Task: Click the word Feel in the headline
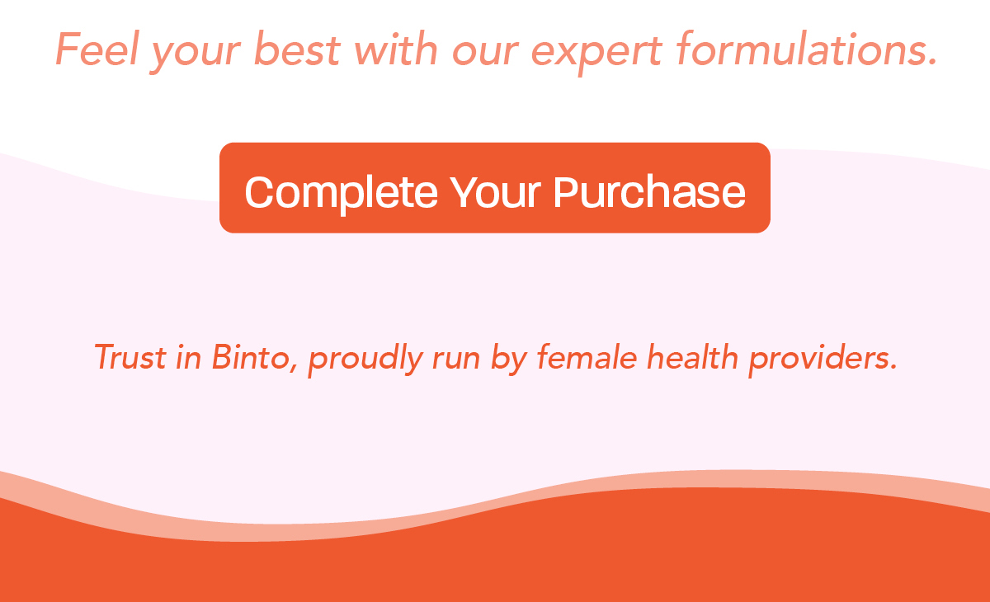coord(97,49)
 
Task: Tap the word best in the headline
coord(298,49)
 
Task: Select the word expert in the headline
coord(596,53)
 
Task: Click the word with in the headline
coord(395,49)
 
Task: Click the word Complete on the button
coord(342,193)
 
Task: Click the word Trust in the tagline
coord(130,357)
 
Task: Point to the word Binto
coord(251,357)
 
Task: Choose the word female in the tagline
coord(587,357)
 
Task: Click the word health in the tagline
coord(692,357)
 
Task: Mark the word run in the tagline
coord(456,361)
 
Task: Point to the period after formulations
coord(931,63)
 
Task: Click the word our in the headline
coord(485,53)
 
